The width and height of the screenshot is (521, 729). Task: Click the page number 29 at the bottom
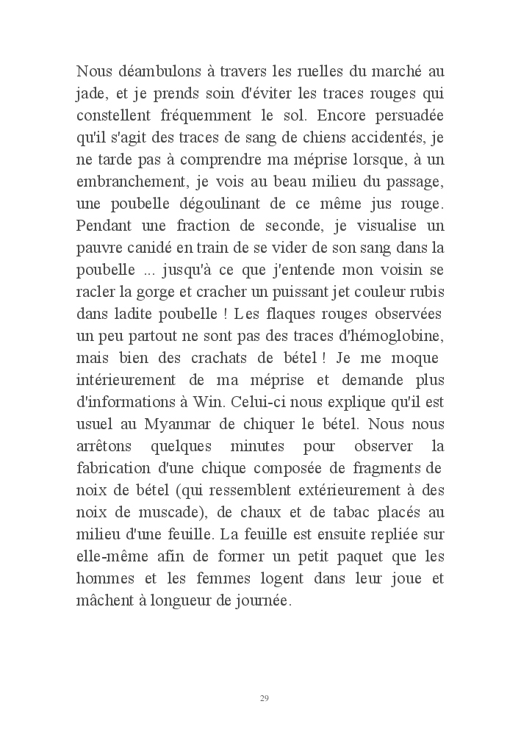pyautogui.click(x=264, y=697)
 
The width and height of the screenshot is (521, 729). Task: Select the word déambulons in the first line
pyautogui.click(x=149, y=72)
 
